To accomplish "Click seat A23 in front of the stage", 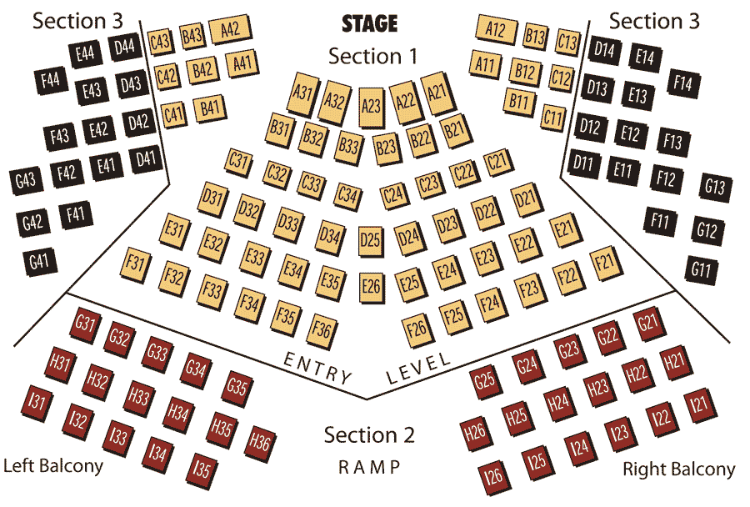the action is tap(371, 106).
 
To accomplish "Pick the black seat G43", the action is tap(25, 179).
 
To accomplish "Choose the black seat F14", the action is tap(682, 83).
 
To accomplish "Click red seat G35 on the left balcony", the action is tap(237, 387).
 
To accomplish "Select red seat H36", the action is tap(261, 442).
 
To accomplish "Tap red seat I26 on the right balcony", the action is tap(494, 477).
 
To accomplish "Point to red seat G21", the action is tap(647, 323).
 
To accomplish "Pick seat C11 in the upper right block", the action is tap(552, 116).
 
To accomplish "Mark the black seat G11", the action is tap(700, 269).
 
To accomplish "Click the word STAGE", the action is tap(369, 23).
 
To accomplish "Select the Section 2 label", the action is tap(369, 435).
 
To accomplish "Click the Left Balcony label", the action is tap(53, 465).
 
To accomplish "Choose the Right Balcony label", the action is tap(679, 469).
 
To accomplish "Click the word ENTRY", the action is tap(317, 367).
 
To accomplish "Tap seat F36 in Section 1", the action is tap(321, 329).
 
